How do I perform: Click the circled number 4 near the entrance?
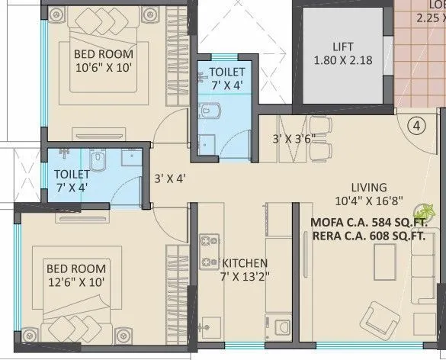[x=415, y=126]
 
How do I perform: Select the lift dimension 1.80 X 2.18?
[x=342, y=59]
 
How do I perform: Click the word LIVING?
[x=369, y=187]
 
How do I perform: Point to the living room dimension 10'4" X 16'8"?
[x=369, y=201]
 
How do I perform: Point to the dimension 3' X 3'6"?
[x=294, y=139]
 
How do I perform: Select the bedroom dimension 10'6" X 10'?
[x=103, y=69]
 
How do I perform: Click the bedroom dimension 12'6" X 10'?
[x=75, y=282]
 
